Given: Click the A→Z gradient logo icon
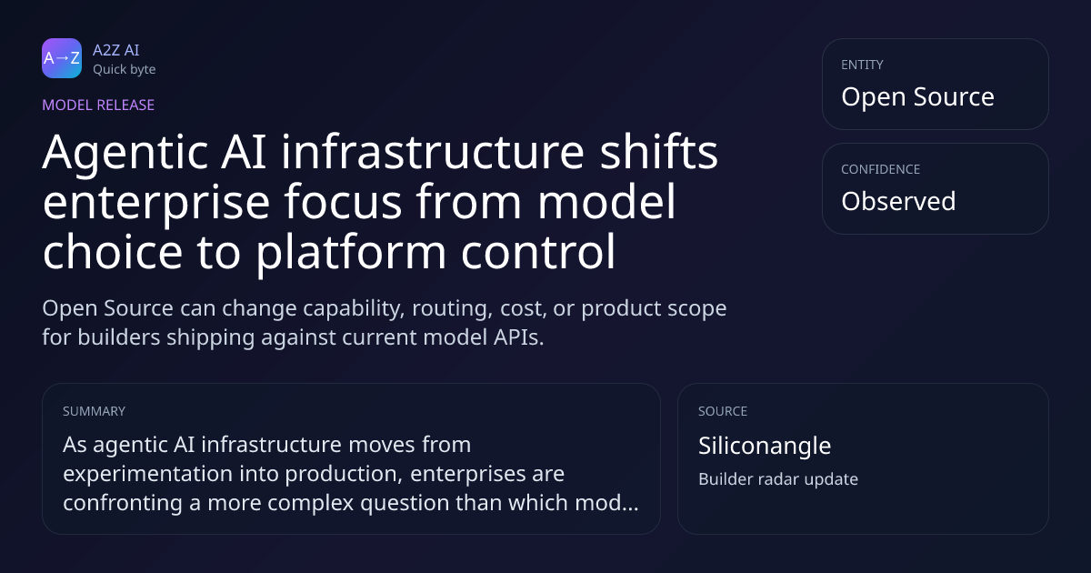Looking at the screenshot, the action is (62, 58).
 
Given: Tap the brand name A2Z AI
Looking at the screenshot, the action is (116, 50).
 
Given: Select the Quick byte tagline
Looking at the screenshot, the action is (125, 70).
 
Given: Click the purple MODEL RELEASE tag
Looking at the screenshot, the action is (98, 105).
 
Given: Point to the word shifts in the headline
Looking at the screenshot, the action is (659, 152).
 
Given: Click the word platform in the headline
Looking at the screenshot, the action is (351, 252).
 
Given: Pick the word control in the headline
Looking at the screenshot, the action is (538, 252).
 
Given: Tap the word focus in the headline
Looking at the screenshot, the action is (343, 202).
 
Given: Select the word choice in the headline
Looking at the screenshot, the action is (113, 252).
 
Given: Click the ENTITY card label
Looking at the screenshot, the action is (862, 65).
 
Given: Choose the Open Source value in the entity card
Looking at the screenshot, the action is (917, 96).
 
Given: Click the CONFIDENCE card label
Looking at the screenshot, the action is (881, 169).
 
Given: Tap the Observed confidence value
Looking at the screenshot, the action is (898, 201).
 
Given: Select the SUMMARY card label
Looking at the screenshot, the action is (94, 411).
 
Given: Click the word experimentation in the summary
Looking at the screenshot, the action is (168, 474).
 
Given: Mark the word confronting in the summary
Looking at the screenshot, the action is (123, 503).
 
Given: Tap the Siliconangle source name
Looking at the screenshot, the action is (765, 446).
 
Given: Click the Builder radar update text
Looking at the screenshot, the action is (778, 479).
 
